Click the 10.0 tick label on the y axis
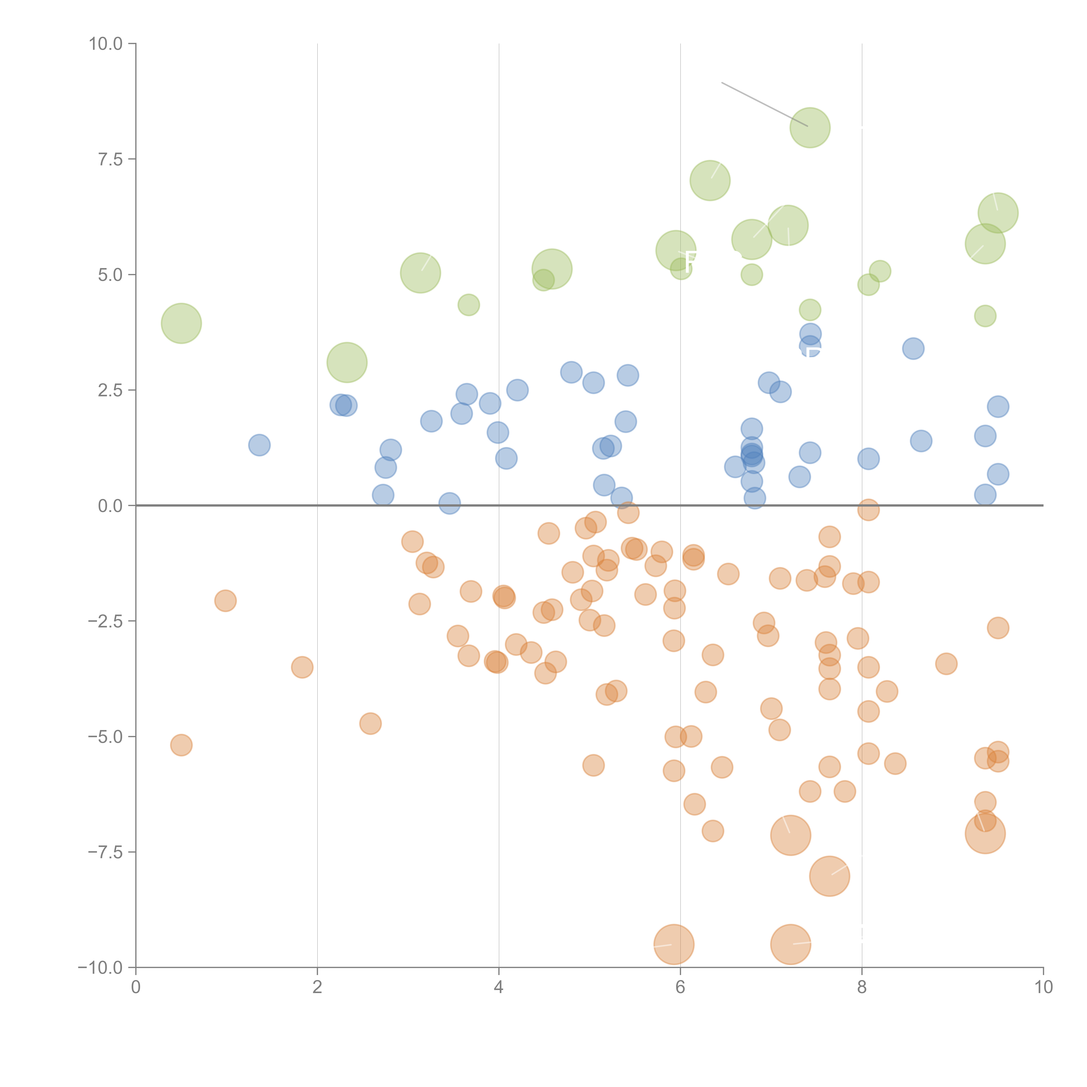[x=106, y=44]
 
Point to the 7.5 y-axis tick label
[x=110, y=159]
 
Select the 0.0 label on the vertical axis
[x=110, y=506]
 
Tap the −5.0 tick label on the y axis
[x=106, y=737]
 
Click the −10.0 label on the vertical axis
[x=101, y=968]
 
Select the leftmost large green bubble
[x=181, y=323]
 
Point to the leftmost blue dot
[x=259, y=445]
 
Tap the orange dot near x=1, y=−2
[x=225, y=601]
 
